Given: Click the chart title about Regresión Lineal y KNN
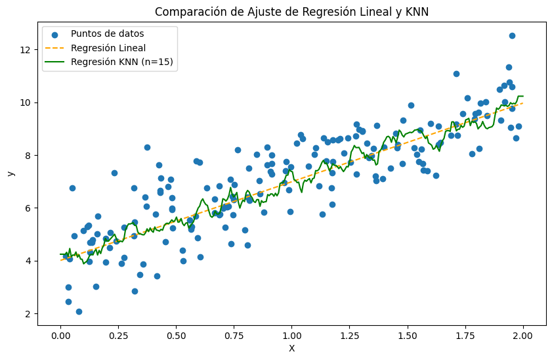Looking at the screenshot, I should coord(291,11).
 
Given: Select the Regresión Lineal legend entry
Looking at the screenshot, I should coord(108,48).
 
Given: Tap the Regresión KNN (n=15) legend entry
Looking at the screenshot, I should coord(122,62).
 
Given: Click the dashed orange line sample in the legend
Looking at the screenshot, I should coord(56,49).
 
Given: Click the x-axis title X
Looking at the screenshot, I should coord(291,349).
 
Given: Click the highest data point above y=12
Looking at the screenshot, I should coord(512,35).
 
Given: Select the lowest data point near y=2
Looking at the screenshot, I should coord(79,311).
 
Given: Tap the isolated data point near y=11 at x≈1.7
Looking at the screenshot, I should coord(456,74).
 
